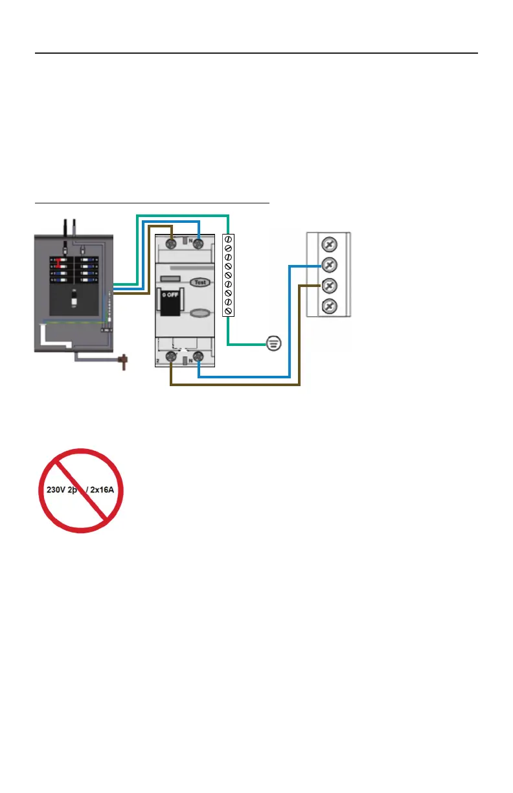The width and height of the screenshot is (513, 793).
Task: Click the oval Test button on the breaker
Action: (x=199, y=282)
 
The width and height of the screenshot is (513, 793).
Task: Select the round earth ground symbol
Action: (x=274, y=343)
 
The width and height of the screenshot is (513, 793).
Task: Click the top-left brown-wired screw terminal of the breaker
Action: (x=171, y=244)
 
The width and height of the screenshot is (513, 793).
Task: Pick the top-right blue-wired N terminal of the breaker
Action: (x=199, y=244)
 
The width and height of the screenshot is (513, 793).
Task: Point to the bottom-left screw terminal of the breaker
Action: (x=171, y=356)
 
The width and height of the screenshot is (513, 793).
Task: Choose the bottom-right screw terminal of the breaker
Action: (x=199, y=356)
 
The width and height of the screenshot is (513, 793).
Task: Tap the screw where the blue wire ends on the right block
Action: (x=329, y=265)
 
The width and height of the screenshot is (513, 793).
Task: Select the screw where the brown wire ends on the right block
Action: (x=329, y=285)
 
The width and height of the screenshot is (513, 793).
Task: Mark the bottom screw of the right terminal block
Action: (x=329, y=305)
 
